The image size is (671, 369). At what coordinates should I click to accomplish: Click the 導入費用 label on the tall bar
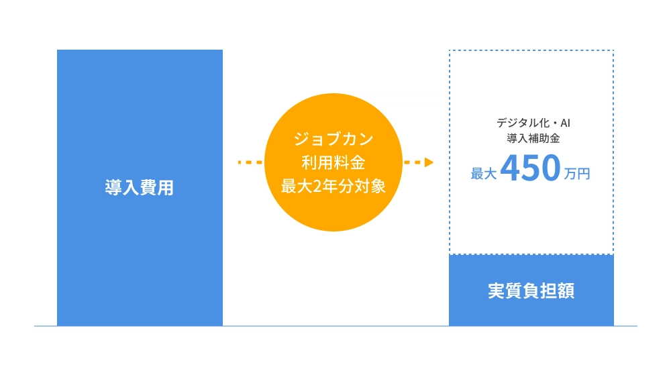pyautogui.click(x=139, y=188)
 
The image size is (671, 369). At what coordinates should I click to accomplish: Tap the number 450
pyautogui.click(x=530, y=170)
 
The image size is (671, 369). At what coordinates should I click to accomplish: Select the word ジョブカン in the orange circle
pyautogui.click(x=333, y=140)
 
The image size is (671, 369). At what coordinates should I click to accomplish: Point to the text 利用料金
pyautogui.click(x=333, y=163)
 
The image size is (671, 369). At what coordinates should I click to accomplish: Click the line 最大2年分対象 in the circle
pyautogui.click(x=333, y=187)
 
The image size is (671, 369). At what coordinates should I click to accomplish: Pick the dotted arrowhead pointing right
pyautogui.click(x=428, y=162)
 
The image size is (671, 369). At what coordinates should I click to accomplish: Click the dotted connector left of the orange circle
pyautogui.click(x=250, y=162)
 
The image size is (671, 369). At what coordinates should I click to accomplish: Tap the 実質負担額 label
pyautogui.click(x=531, y=292)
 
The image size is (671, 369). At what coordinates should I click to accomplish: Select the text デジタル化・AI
pyautogui.click(x=533, y=123)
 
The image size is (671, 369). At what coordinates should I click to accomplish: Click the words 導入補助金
pyautogui.click(x=533, y=139)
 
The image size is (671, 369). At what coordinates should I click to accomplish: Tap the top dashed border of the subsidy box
pyautogui.click(x=531, y=50)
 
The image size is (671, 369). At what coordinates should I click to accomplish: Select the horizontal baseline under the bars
pyautogui.click(x=335, y=326)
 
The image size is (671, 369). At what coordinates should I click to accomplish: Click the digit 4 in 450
pyautogui.click(x=511, y=170)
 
